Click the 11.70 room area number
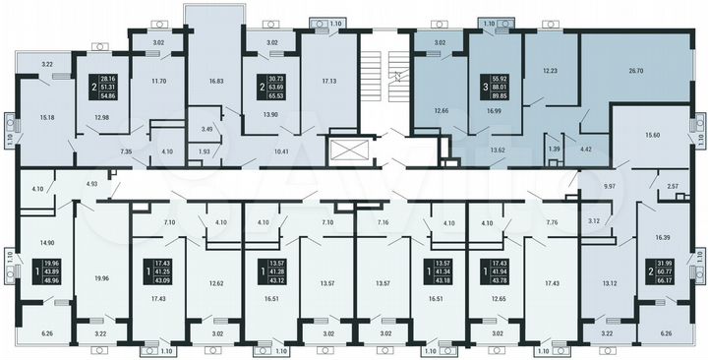(x=157, y=82)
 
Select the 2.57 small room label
(x=675, y=186)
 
